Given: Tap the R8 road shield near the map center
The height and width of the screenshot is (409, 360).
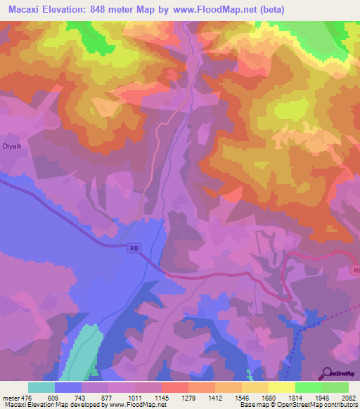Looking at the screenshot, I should [x=134, y=247].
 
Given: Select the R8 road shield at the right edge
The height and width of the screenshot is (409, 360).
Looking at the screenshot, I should [x=355, y=270].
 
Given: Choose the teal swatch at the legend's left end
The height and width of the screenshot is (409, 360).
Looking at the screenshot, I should [x=41, y=387].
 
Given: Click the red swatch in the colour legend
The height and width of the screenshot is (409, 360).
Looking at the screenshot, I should [x=175, y=387].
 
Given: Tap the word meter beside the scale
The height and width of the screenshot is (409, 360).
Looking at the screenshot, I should [x=10, y=396].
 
